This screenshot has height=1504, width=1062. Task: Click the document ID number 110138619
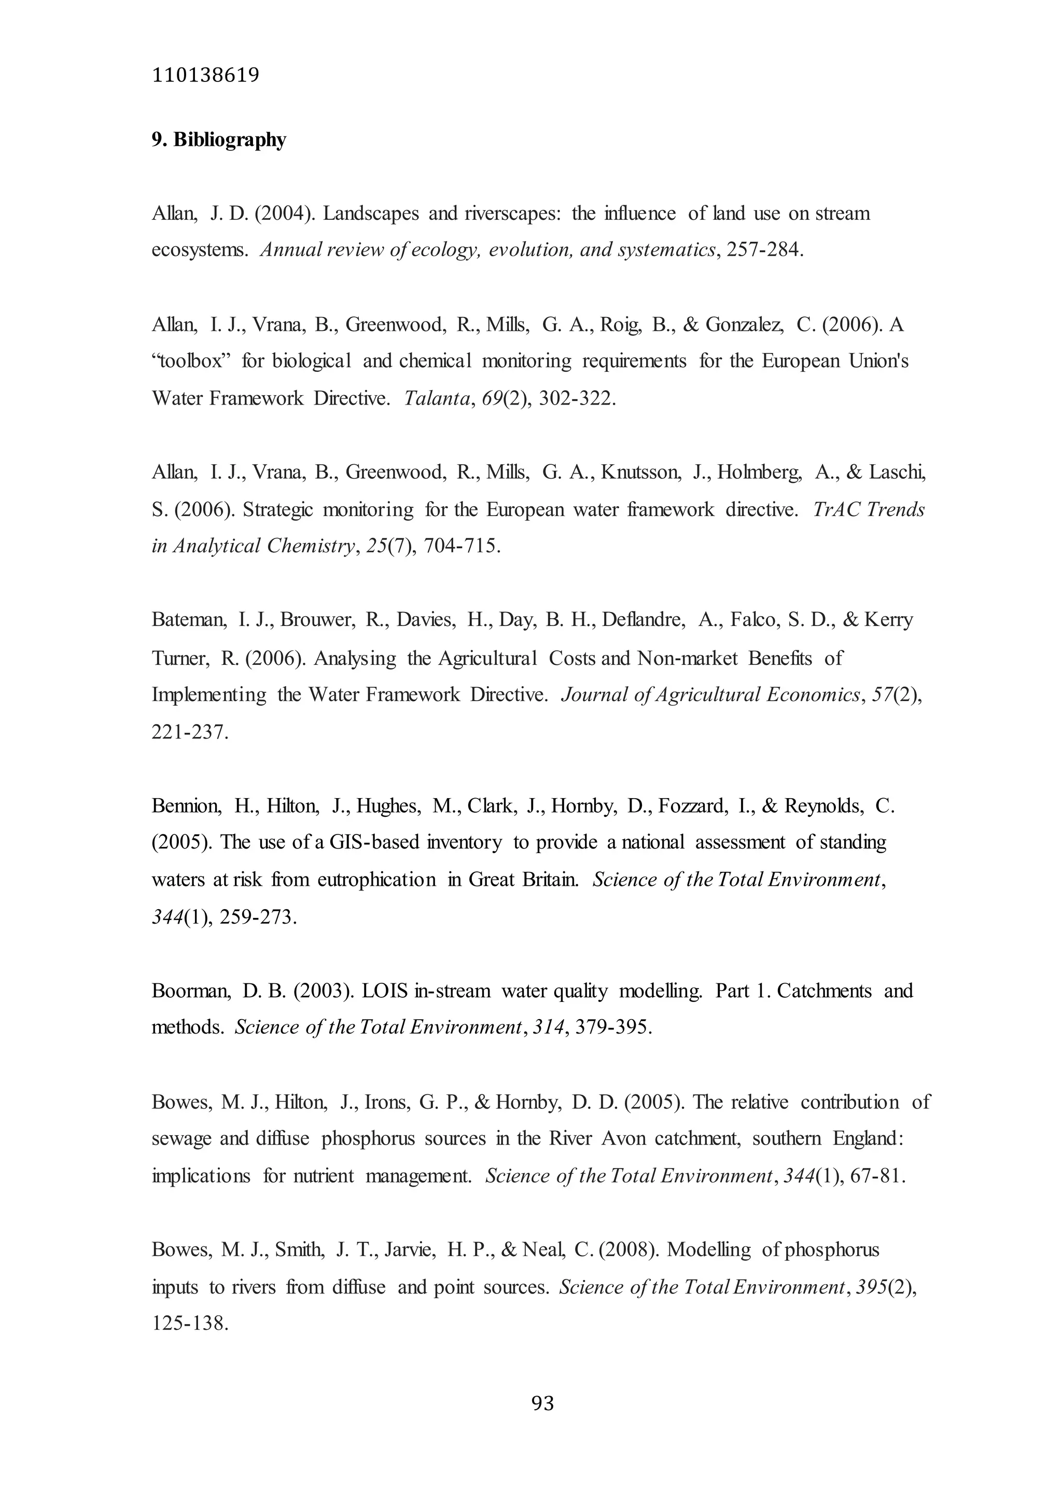205,76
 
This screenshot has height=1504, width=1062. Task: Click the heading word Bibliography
229,140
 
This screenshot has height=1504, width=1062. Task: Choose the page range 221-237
190,731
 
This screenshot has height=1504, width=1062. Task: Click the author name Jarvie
409,1250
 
